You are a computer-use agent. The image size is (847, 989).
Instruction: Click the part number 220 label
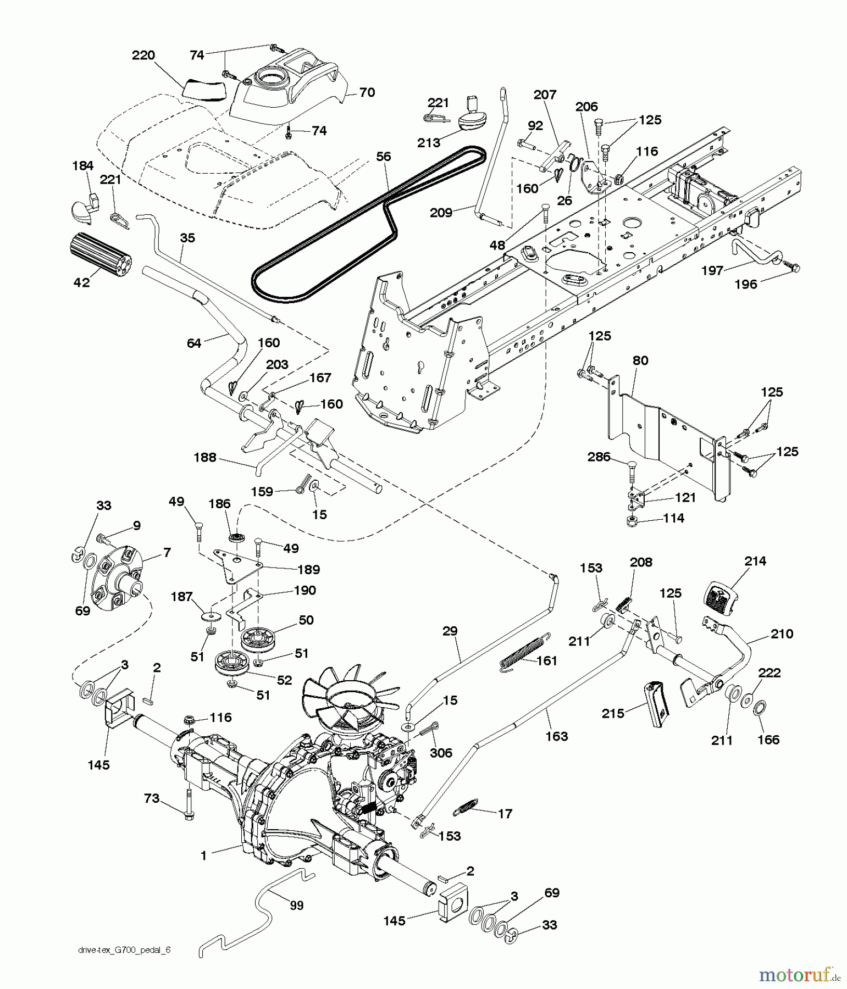[x=143, y=55]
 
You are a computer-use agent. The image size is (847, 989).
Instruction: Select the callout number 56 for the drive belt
[x=383, y=157]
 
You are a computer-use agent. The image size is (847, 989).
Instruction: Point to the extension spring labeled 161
[x=524, y=653]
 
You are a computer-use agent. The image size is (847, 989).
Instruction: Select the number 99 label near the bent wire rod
[x=297, y=904]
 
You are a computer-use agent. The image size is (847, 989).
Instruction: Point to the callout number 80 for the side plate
[x=640, y=361]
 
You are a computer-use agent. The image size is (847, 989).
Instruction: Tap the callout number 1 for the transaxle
[x=204, y=855]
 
